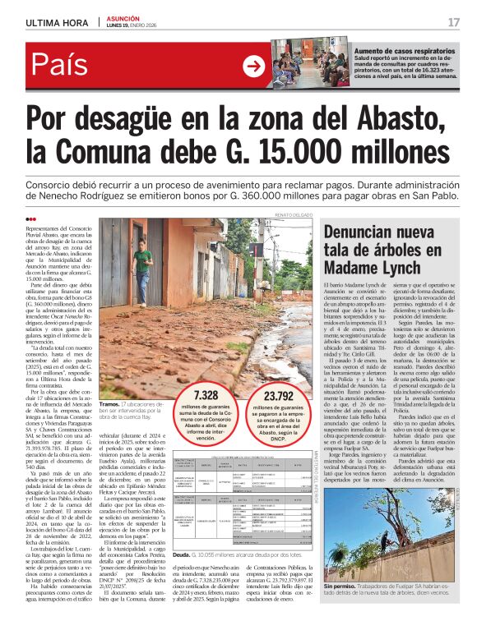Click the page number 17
tap(453, 22)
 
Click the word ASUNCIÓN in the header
tap(122, 17)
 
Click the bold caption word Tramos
tap(109, 405)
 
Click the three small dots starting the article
tap(31, 218)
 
